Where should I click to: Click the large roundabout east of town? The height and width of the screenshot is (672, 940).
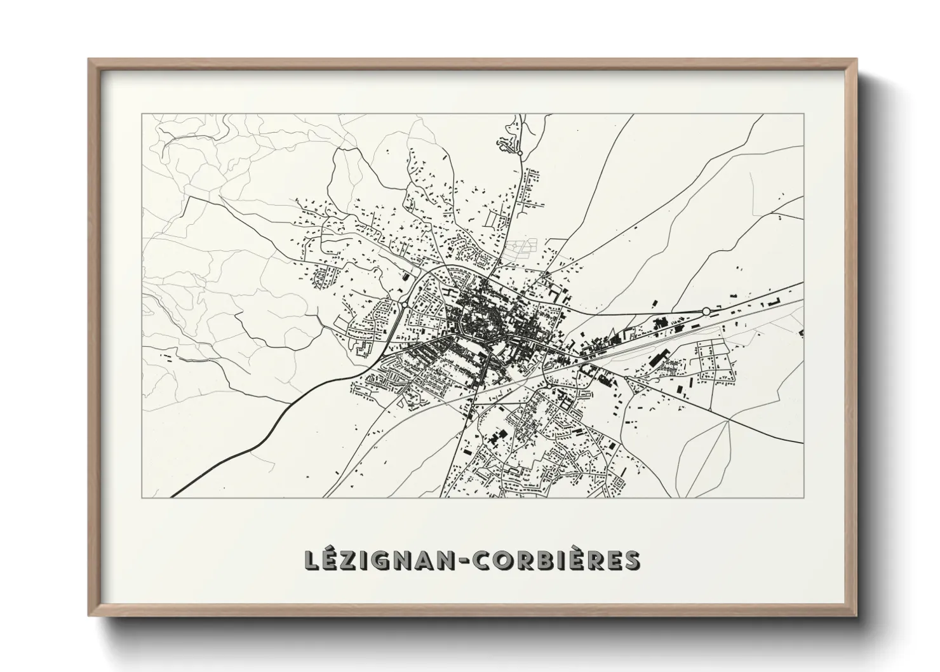click(706, 311)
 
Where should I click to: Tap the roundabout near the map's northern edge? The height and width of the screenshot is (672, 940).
click(520, 153)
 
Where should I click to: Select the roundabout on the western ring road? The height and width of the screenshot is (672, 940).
click(404, 305)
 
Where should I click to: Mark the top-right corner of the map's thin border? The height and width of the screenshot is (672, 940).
click(803, 114)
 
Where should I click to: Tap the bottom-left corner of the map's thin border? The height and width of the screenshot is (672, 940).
click(142, 497)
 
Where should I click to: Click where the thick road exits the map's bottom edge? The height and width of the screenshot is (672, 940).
click(173, 497)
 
